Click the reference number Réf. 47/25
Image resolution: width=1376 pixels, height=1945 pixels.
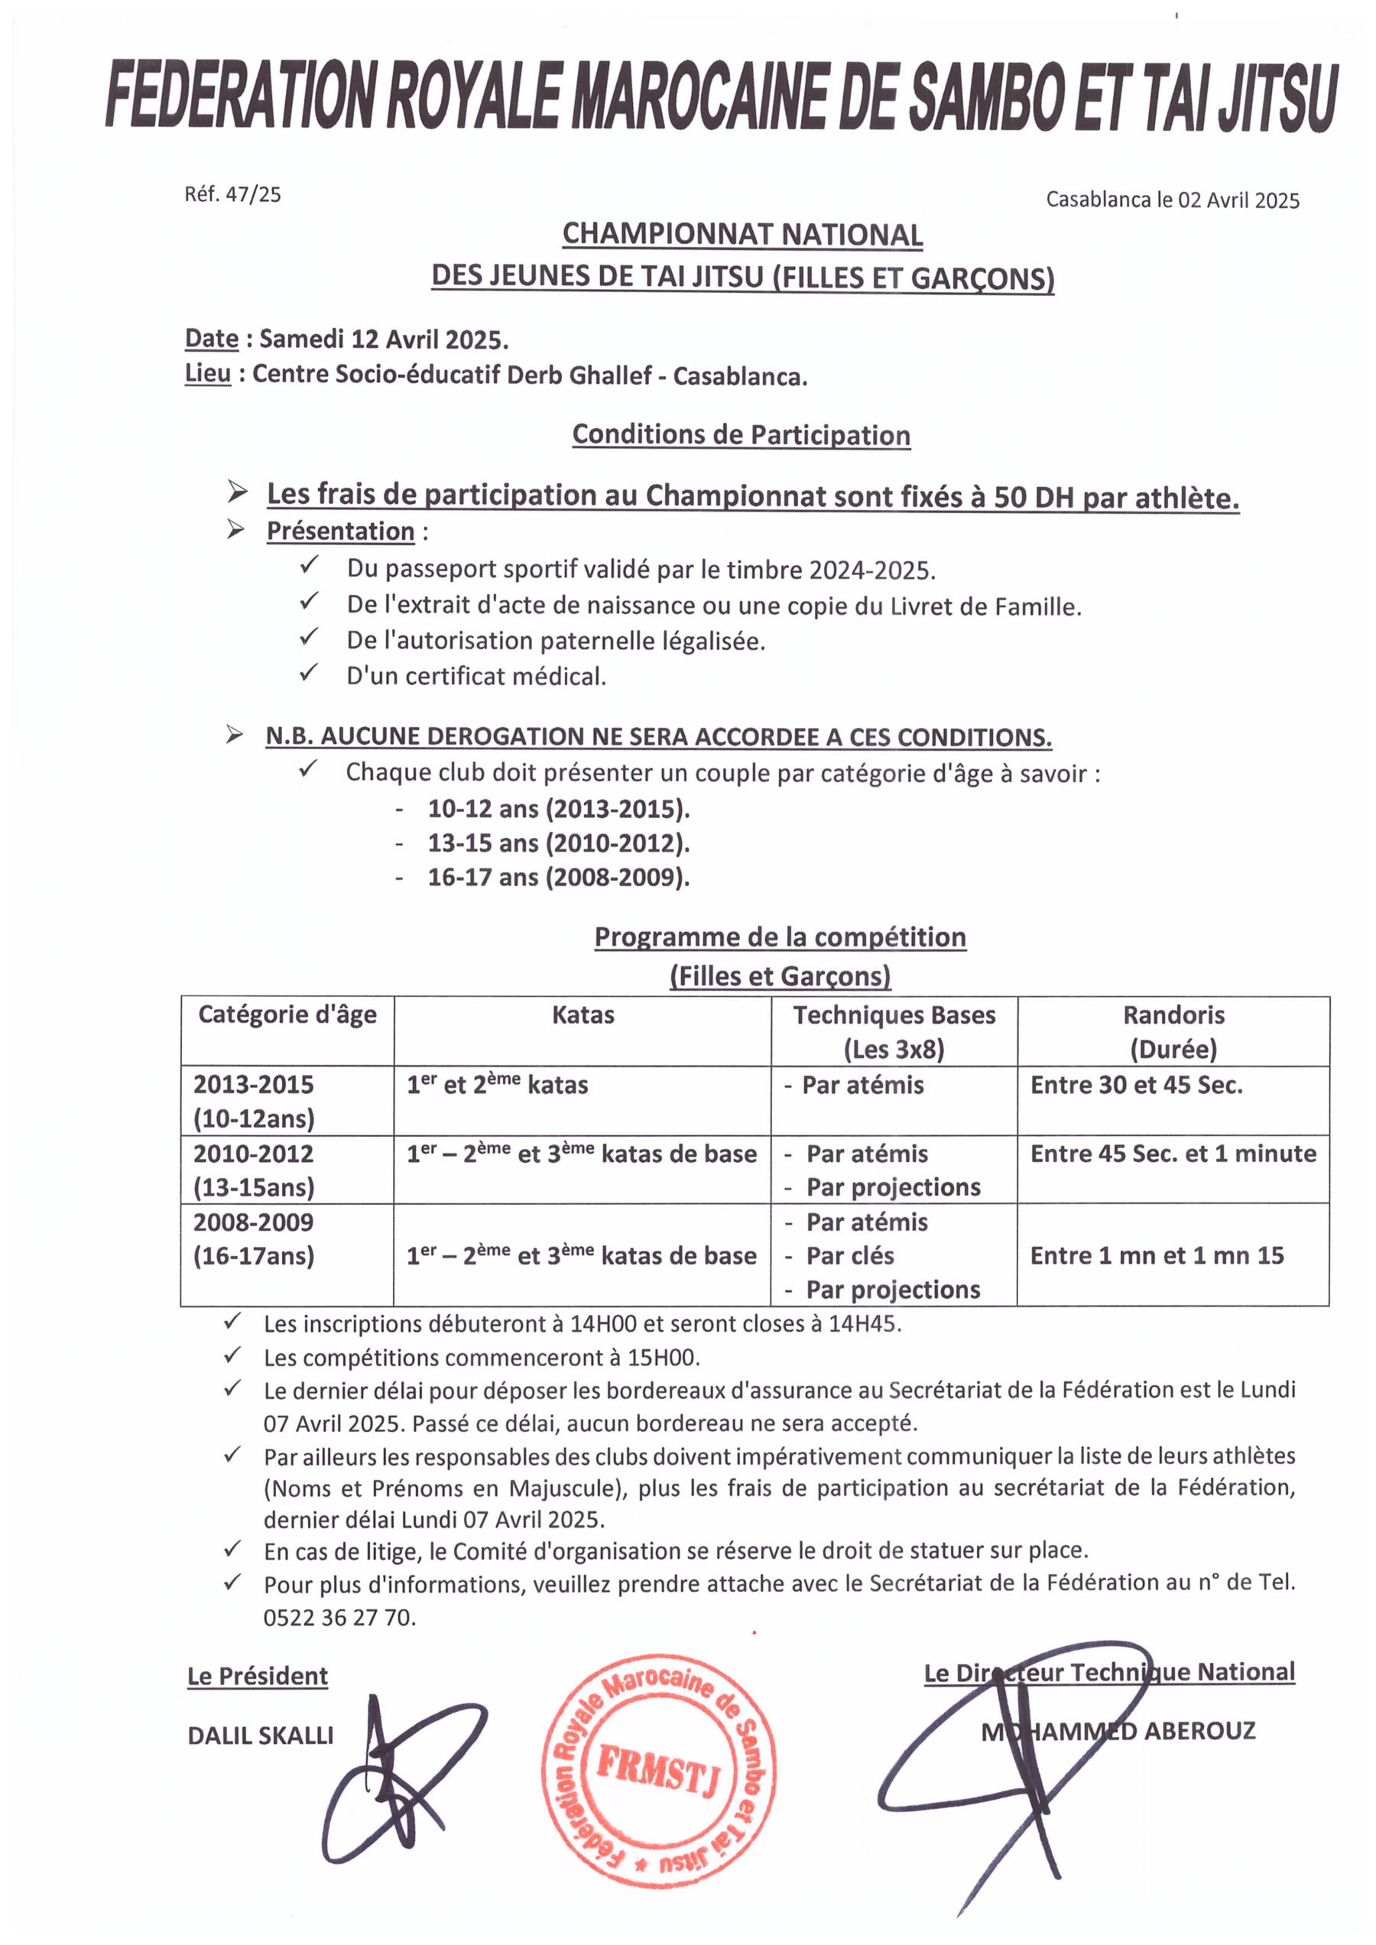pos(232,194)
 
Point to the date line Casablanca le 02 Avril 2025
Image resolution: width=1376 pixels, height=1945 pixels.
pos(1172,200)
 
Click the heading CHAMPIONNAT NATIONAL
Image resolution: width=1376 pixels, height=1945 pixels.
pos(742,235)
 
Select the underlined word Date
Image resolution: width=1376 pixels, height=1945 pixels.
pos(212,338)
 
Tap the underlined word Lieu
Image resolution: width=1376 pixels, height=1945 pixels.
pos(208,374)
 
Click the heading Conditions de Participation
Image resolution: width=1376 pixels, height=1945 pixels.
pos(742,435)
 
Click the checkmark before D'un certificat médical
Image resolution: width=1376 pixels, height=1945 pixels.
pos(308,674)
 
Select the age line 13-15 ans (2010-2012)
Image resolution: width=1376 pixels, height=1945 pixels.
pos(558,843)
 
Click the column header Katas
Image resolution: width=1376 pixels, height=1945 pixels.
pos(583,1015)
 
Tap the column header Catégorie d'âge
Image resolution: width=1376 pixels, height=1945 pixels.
pos(287,1015)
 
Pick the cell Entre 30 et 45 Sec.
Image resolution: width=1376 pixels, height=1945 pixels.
pos(1136,1086)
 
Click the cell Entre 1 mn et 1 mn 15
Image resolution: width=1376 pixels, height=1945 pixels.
pos(1157,1256)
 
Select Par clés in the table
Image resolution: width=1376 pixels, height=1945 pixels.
pos(850,1256)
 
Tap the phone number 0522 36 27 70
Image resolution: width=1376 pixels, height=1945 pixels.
pos(339,1618)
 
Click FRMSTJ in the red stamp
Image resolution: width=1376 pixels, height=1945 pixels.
pos(657,1771)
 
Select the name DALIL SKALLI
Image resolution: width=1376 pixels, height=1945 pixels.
pos(260,1736)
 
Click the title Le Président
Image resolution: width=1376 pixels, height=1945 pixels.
pos(258,1677)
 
